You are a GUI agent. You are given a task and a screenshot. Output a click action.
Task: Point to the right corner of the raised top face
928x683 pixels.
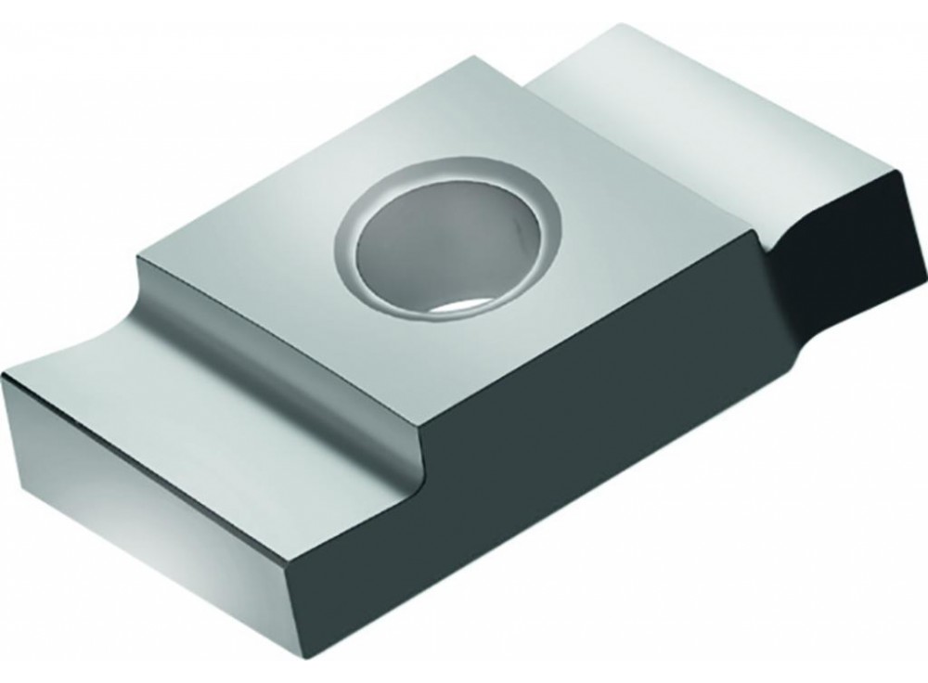click(761, 232)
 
